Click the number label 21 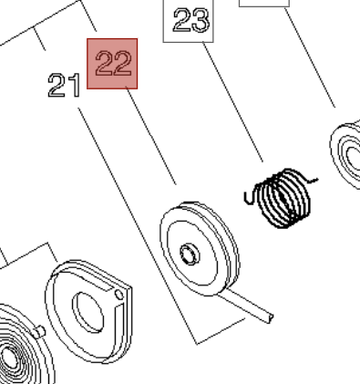click(63, 88)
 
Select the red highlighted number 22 click(113, 64)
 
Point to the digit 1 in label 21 click(73, 88)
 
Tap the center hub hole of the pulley click(189, 252)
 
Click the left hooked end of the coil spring click(249, 194)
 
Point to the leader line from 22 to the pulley click(150, 137)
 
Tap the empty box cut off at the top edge click(264, 3)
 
